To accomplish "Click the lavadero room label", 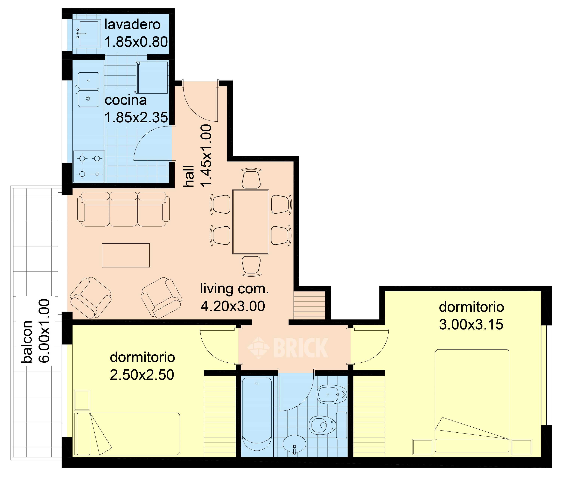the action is [x=132, y=25].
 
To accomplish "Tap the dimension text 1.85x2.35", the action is [x=136, y=118].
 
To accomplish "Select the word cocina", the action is [x=126, y=100].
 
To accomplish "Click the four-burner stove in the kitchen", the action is [x=89, y=166].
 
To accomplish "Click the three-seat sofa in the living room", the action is [x=124, y=209].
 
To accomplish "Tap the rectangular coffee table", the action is [x=126, y=255].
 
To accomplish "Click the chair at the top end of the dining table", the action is [x=251, y=178].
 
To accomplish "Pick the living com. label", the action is [x=235, y=289].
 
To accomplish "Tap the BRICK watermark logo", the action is [x=288, y=348].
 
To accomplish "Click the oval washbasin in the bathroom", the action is [x=294, y=443].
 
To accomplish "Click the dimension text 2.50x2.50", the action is [x=142, y=375].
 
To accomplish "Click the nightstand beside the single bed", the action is [x=82, y=400].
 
